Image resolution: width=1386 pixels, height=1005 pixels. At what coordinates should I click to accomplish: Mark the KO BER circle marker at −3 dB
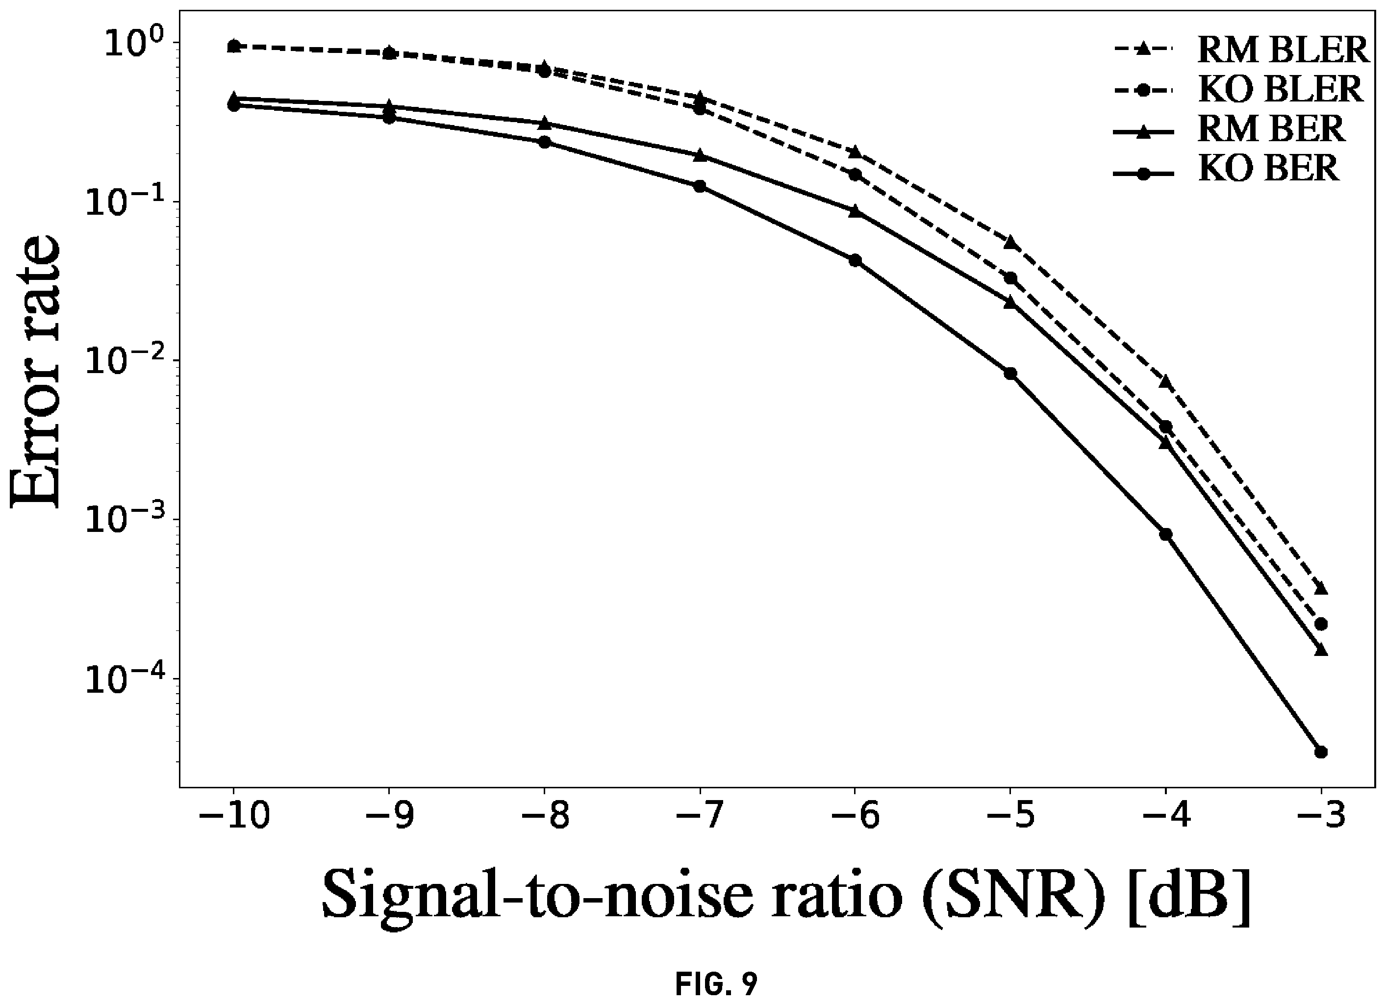click(x=1321, y=752)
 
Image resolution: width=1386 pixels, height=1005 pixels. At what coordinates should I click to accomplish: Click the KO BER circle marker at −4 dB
click(x=1165, y=534)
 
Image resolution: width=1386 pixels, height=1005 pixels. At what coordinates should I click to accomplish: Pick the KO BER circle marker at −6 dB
click(x=855, y=260)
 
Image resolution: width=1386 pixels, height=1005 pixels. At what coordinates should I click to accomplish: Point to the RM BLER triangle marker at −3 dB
click(x=1321, y=588)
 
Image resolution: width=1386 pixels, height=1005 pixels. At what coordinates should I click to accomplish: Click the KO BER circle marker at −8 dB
click(x=545, y=142)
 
